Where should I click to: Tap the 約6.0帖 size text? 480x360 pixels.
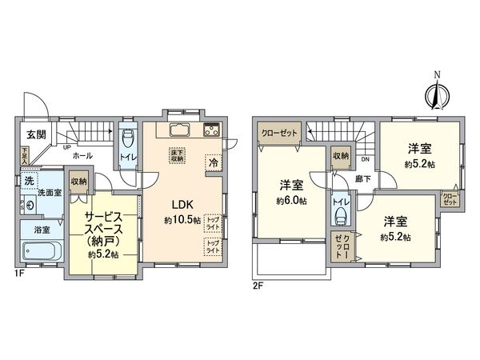pos(292,201)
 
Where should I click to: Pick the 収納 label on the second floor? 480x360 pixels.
pos(340,156)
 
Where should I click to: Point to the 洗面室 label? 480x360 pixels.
pos(50,193)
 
